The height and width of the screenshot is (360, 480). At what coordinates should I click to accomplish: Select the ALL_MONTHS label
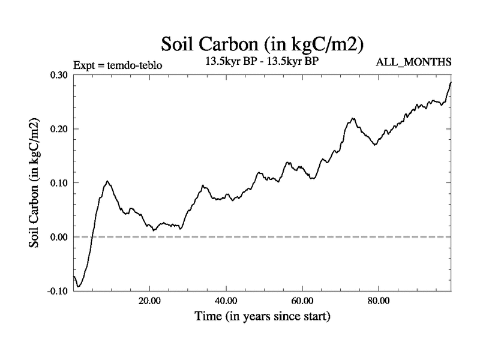pos(413,62)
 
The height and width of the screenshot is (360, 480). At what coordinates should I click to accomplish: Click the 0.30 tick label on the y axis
pos(58,75)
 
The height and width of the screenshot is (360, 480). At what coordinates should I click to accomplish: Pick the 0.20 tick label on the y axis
pos(58,129)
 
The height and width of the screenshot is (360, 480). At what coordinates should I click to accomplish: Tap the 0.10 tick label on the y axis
pos(58,183)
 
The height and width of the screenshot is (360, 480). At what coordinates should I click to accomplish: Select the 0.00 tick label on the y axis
pos(58,237)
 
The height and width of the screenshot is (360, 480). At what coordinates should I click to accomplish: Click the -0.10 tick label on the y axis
pos(57,291)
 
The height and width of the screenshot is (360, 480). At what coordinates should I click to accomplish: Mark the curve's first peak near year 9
pos(107,181)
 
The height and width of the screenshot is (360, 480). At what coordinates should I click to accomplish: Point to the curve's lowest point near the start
pos(79,287)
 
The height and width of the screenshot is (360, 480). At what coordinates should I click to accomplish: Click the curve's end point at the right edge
pos(451,82)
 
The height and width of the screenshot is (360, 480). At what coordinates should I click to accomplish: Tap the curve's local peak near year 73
pos(353,118)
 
